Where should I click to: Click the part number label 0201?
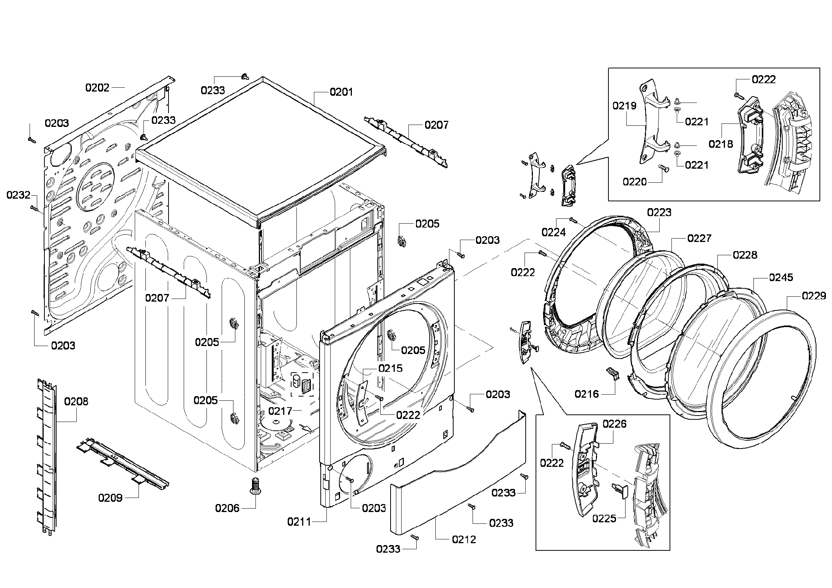(341, 92)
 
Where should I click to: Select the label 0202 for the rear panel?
(97, 88)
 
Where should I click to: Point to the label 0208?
(76, 401)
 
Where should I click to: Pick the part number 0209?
(110, 498)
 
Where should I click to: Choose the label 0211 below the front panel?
(299, 522)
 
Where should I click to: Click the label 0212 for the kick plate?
(464, 539)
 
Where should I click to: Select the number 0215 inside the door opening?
(390, 368)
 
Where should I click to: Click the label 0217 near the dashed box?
(280, 411)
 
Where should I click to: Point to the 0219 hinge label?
(624, 106)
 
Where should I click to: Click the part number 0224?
(553, 232)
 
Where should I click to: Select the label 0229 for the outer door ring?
(814, 296)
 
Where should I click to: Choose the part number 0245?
(781, 277)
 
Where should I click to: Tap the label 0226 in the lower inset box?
(615, 424)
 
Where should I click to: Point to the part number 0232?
(18, 195)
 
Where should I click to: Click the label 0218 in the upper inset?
(721, 144)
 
